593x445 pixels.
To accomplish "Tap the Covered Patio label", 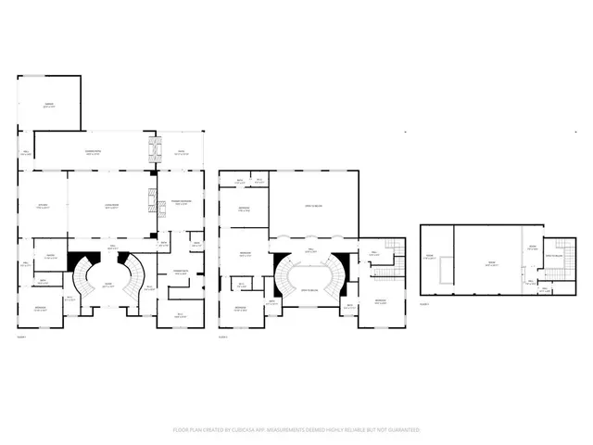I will [x=94, y=152].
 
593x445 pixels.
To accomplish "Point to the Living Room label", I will [x=110, y=208].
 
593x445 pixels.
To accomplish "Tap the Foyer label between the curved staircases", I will [x=108, y=286].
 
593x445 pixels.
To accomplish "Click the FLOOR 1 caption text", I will [x=21, y=337].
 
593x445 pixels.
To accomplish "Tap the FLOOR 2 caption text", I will [x=223, y=337].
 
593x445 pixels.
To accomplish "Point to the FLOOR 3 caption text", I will [x=424, y=303].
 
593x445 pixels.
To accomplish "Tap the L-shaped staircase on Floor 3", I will [x=553, y=275].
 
